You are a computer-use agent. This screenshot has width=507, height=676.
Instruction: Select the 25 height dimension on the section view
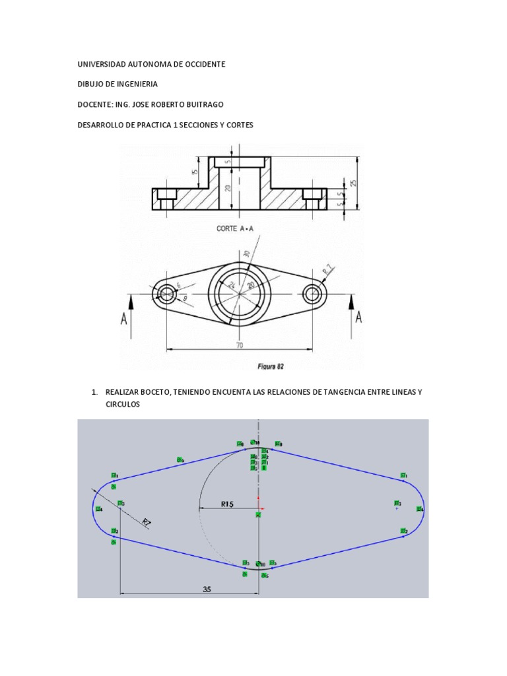pos(354,182)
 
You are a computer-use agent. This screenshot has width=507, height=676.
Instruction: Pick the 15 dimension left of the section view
pos(195,171)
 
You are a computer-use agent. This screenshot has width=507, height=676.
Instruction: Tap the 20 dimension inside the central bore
pos(228,188)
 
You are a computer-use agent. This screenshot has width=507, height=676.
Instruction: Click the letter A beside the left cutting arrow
pos(123,318)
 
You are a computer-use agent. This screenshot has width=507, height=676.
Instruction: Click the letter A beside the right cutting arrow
pos(358,318)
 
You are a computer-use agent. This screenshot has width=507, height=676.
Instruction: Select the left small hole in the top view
pos(167,293)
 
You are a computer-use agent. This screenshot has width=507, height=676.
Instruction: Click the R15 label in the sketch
pos(228,504)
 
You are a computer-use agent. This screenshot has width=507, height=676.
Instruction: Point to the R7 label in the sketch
pos(147,523)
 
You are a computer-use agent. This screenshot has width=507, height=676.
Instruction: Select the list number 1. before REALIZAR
pos(95,392)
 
